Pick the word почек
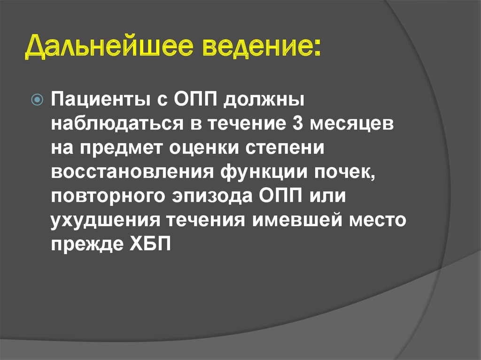tap(349, 173)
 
